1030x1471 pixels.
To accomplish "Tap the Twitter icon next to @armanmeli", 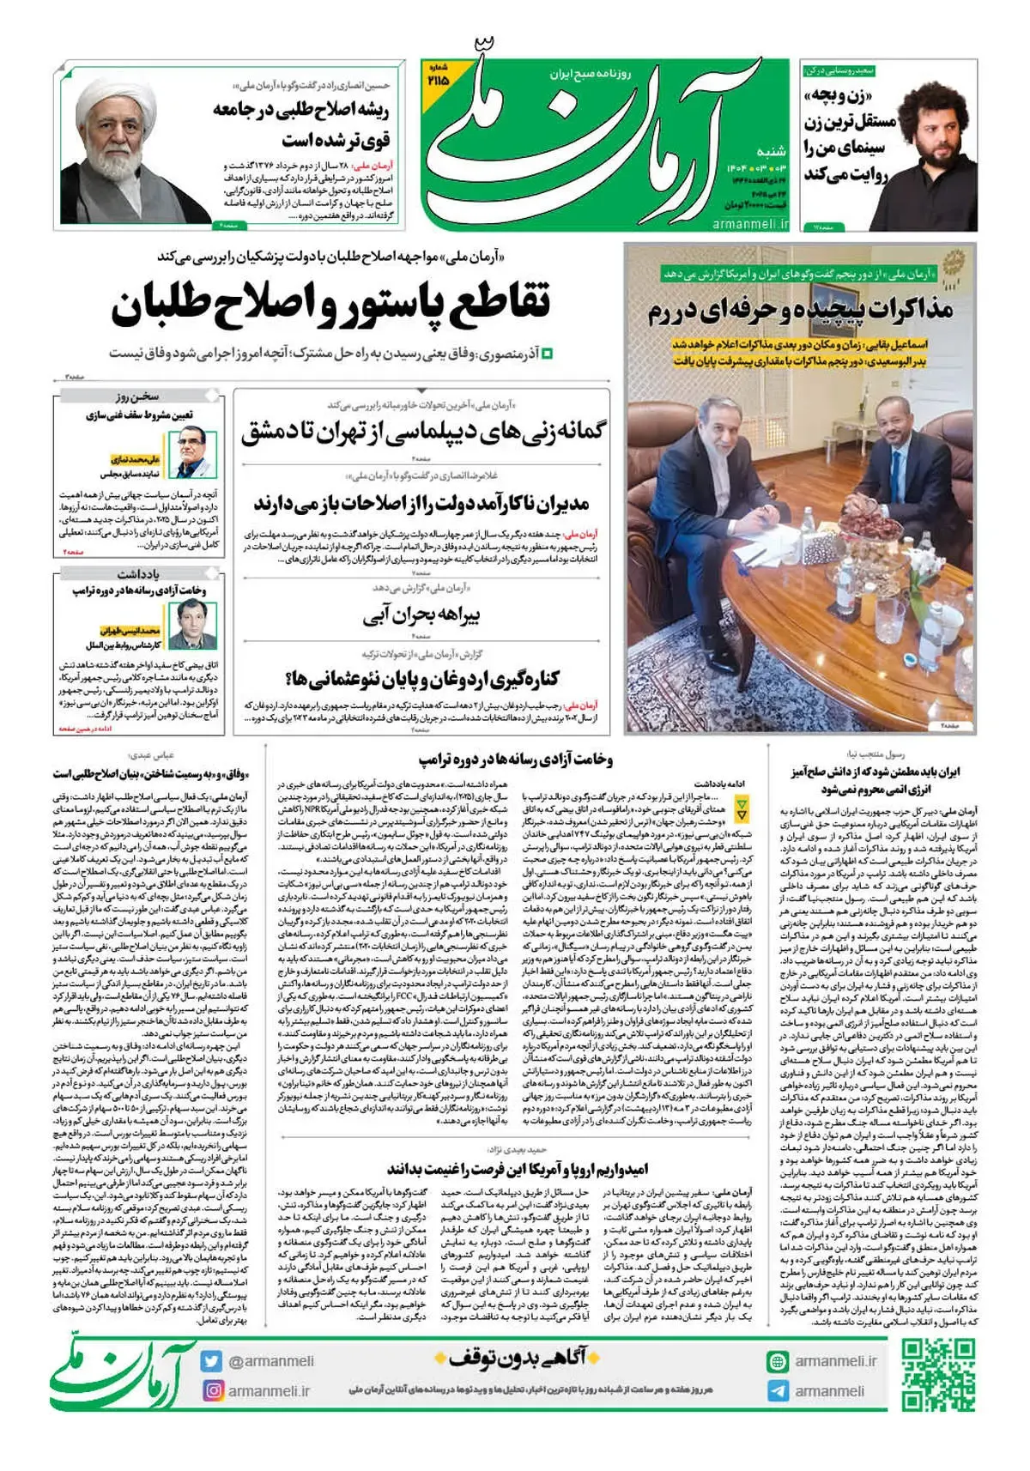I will pos(211,1361).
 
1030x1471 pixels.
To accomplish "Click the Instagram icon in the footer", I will pos(211,1390).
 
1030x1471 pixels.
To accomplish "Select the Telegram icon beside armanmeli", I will pos(778,1391).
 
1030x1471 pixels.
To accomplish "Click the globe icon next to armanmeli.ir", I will pos(778,1361).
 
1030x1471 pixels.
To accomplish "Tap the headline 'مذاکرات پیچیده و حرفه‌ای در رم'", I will pos(800,310).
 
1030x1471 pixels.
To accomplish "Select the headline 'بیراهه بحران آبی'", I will pos(421,615).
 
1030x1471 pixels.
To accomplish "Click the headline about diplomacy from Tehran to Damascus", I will pos(423,432).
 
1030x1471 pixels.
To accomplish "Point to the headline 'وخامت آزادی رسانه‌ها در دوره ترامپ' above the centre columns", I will pos(516,760).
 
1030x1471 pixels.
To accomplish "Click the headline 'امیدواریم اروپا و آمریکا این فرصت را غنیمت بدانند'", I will pos(518,1169).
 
